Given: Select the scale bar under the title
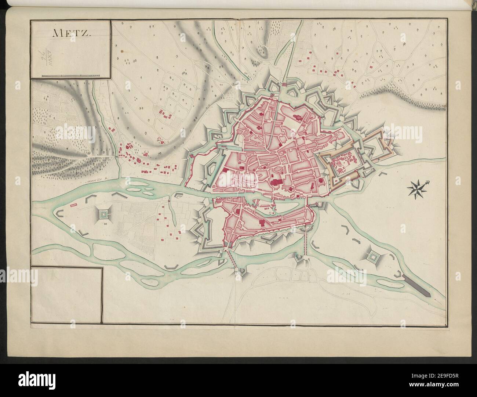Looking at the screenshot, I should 70,75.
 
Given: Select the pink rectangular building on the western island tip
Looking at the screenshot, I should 73,203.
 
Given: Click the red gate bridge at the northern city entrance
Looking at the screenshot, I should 284,85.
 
